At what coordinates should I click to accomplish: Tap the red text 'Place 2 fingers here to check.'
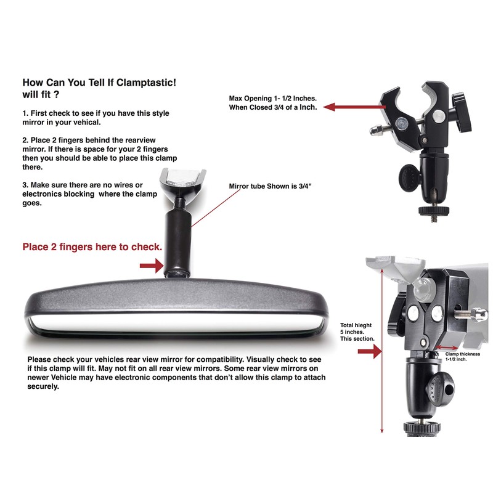coord(92,246)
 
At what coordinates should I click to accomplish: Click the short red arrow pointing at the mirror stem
coord(150,266)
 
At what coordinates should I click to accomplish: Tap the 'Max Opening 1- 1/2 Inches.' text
coord(273,98)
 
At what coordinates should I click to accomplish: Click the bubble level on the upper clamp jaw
coord(402,121)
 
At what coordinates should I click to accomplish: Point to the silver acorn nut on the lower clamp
coord(481,315)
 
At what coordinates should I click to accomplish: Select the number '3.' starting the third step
coord(26,185)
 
